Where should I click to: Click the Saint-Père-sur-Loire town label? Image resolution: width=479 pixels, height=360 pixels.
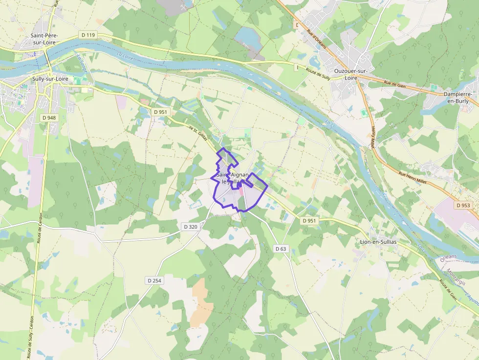[x=44, y=39]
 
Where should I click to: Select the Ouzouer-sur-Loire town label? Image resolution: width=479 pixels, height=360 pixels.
[x=350, y=74]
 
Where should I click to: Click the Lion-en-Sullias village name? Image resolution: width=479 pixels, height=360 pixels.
[x=378, y=242]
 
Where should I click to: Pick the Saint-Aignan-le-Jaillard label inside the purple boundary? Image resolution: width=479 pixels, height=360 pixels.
[x=232, y=178]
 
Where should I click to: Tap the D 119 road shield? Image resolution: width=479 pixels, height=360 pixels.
[x=88, y=35]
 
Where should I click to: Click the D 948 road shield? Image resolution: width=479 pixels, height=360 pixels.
[x=49, y=118]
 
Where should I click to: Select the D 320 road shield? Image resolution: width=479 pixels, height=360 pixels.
[x=191, y=227]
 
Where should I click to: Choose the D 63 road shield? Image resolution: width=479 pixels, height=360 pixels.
[x=281, y=249]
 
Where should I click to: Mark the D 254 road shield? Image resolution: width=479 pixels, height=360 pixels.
[x=154, y=280]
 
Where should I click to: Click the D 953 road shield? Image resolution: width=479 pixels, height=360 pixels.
[x=463, y=206]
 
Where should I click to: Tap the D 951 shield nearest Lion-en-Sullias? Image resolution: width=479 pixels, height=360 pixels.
[x=309, y=221]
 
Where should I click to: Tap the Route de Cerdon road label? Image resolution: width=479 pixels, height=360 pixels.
[x=39, y=228]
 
